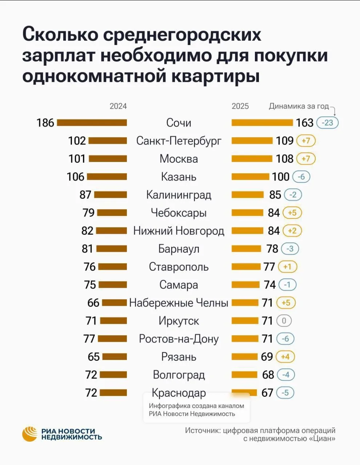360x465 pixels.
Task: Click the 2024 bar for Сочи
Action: pos(92,123)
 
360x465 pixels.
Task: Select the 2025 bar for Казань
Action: pos(251,177)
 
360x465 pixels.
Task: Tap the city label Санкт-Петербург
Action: pos(179,141)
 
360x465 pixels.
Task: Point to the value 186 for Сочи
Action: pos(45,123)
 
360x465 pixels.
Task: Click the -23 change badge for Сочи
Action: pos(327,123)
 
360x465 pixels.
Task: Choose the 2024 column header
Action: pos(118,106)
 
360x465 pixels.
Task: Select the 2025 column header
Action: pos(240,106)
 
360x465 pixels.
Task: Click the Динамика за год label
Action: pos(299,106)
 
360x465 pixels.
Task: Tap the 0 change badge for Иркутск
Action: pos(284,321)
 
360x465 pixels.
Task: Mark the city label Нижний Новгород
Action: pos(179,231)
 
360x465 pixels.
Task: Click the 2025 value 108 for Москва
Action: pos(284,159)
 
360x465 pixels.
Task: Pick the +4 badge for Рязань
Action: pos(285,357)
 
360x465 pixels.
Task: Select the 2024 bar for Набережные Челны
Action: pos(115,303)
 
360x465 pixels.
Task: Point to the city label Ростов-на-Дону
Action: pos(179,339)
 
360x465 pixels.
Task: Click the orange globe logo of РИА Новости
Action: pos(30,434)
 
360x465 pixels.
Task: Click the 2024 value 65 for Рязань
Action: pos(93,357)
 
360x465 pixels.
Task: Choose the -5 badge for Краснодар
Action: pos(285,393)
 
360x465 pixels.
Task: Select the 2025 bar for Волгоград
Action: pos(244,375)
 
